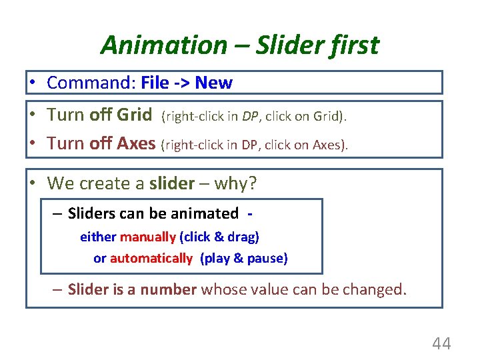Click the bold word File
[155, 83]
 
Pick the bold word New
[213, 83]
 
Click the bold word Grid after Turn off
[134, 115]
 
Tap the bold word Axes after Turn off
[136, 143]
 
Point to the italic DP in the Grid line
[250, 116]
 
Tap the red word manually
[148, 237]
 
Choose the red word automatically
[151, 258]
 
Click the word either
[98, 237]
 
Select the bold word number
[168, 289]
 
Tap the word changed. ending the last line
[373, 289]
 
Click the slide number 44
[441, 344]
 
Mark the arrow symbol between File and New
[182, 83]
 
